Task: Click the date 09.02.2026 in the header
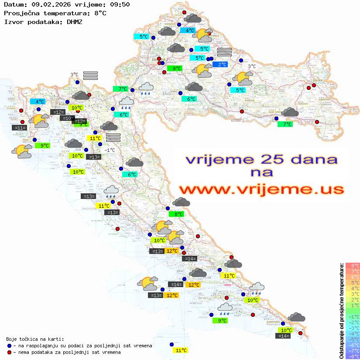coord(50,5)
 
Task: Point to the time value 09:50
coord(120,5)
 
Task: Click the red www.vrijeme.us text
coord(261,189)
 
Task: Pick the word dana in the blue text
coord(311,159)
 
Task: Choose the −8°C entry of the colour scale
coord(353,357)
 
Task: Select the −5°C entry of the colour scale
coord(353,339)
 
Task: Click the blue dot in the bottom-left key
coord(9,346)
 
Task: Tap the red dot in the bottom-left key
coord(9,352)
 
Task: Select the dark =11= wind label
coord(20,128)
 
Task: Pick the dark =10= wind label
coord(67,118)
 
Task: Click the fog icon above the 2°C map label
coord(224,52)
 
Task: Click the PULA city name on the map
coord(26,140)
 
